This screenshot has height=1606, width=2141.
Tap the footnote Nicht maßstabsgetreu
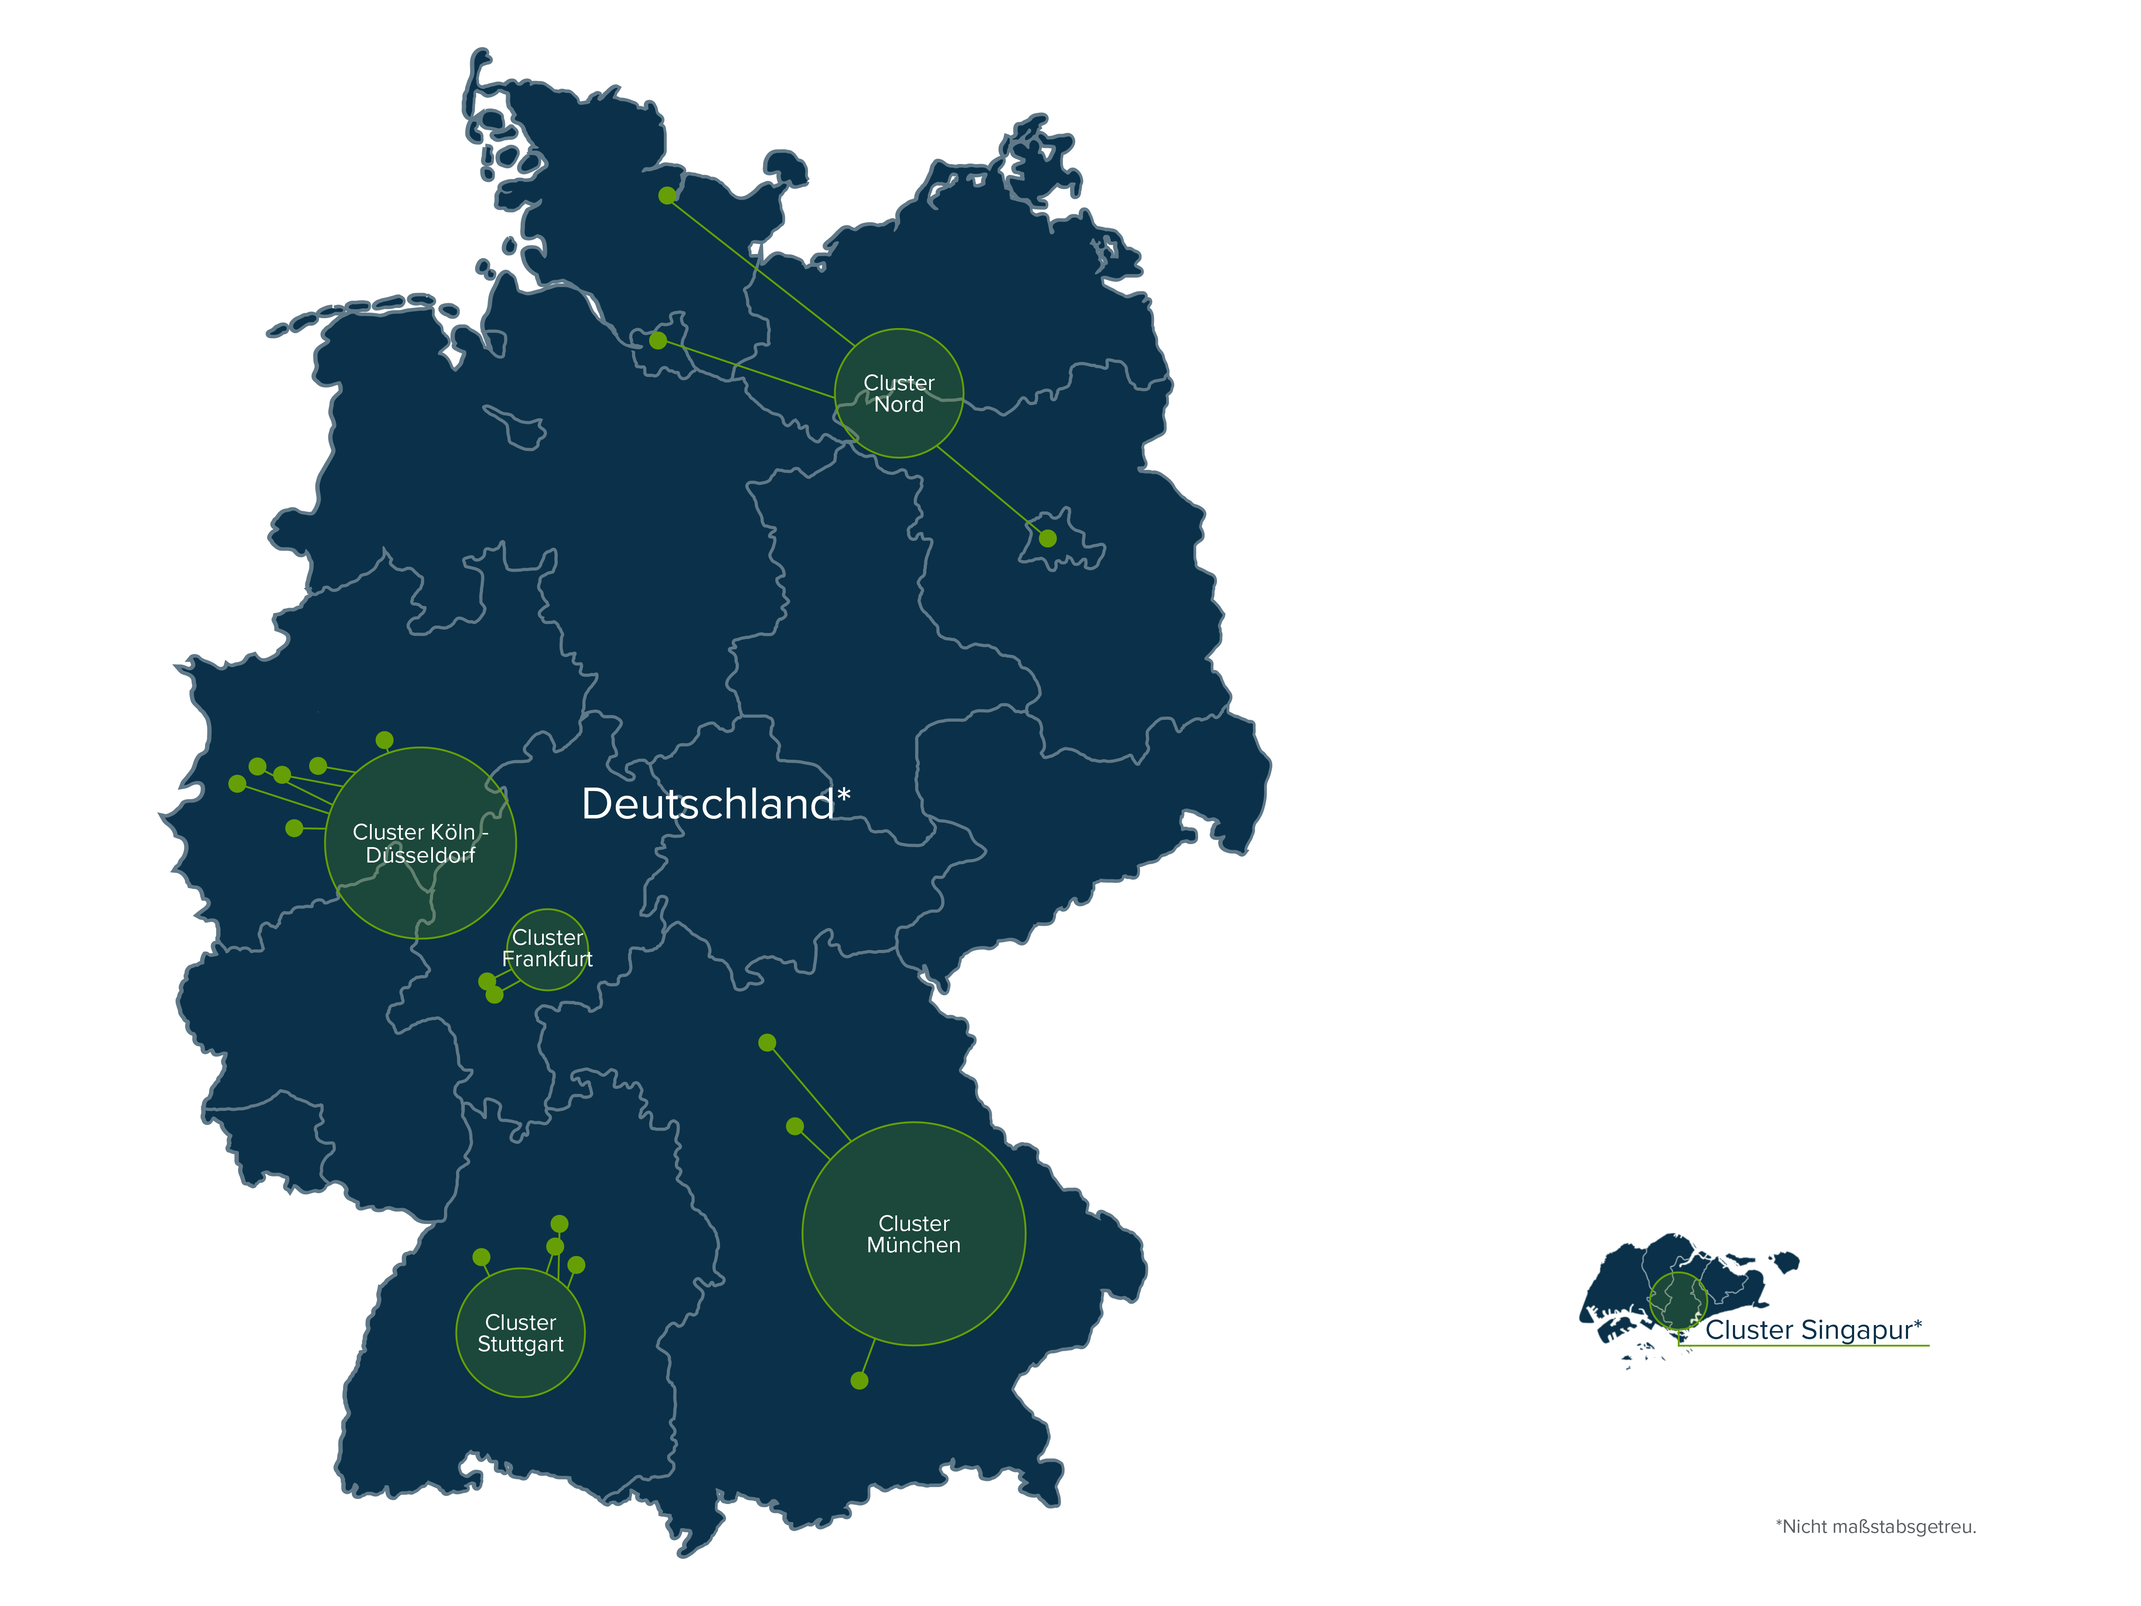click(x=1875, y=1527)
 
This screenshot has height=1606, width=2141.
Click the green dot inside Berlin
click(x=1047, y=538)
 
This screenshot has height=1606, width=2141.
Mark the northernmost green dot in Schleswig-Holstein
click(x=667, y=196)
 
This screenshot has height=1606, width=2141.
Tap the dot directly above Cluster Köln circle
click(x=384, y=740)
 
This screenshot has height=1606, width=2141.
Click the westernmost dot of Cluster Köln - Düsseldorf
click(x=237, y=783)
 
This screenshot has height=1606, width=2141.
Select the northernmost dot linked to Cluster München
click(x=766, y=1042)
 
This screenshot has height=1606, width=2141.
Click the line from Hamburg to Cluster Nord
click(x=745, y=369)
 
